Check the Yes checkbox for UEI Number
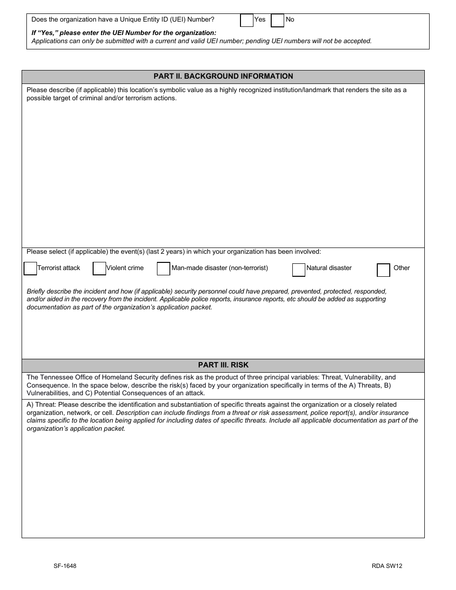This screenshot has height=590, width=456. pyautogui.click(x=247, y=20)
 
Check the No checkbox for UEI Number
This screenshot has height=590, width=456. pyautogui.click(x=277, y=20)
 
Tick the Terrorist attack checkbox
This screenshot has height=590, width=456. pyautogui.click(x=30, y=269)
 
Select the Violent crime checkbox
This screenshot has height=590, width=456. pyautogui.click(x=99, y=269)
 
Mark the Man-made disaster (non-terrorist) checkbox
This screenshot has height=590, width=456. pyautogui.click(x=164, y=269)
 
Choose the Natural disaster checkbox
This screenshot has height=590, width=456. pyautogui.click(x=299, y=270)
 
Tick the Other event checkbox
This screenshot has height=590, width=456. pyautogui.click(x=384, y=271)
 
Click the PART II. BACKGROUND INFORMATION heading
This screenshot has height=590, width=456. pyautogui.click(x=223, y=76)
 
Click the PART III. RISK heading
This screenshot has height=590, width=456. pyautogui.click(x=223, y=365)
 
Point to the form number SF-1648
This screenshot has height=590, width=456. pyautogui.click(x=65, y=566)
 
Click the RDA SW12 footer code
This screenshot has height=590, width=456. pyautogui.click(x=387, y=566)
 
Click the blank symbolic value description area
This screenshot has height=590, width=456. pyautogui.click(x=223, y=173)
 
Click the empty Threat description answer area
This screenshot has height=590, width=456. pyautogui.click(x=223, y=484)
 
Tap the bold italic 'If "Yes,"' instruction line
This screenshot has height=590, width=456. pyautogui.click(x=124, y=33)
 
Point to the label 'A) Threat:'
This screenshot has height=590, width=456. pyautogui.click(x=41, y=405)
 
